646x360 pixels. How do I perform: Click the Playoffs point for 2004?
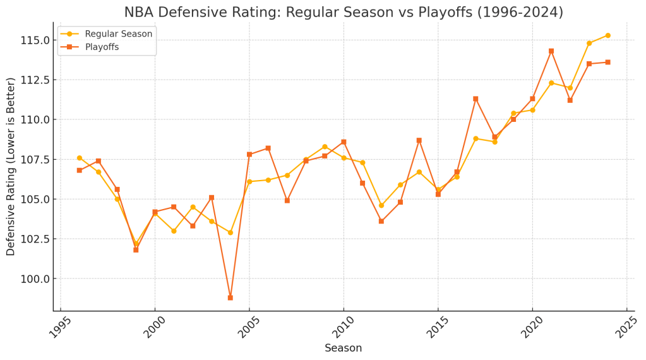pos(230,297)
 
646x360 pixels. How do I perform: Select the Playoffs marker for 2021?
pos(551,51)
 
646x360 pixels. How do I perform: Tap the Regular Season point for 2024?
pos(607,35)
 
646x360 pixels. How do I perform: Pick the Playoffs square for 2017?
pos(476,99)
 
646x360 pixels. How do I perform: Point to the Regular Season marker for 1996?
pos(80,158)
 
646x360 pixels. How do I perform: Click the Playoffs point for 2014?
pos(419,140)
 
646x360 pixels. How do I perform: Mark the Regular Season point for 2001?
pos(174,231)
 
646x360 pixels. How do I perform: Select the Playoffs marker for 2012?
pos(381,221)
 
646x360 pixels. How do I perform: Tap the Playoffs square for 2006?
pos(268,148)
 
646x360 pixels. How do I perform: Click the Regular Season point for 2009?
pos(325,147)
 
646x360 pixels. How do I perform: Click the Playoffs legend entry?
pos(102,47)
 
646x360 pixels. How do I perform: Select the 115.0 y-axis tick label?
pos(32,40)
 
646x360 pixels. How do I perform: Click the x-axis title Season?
pos(343,348)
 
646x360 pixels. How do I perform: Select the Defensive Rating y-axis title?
pos(11,167)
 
